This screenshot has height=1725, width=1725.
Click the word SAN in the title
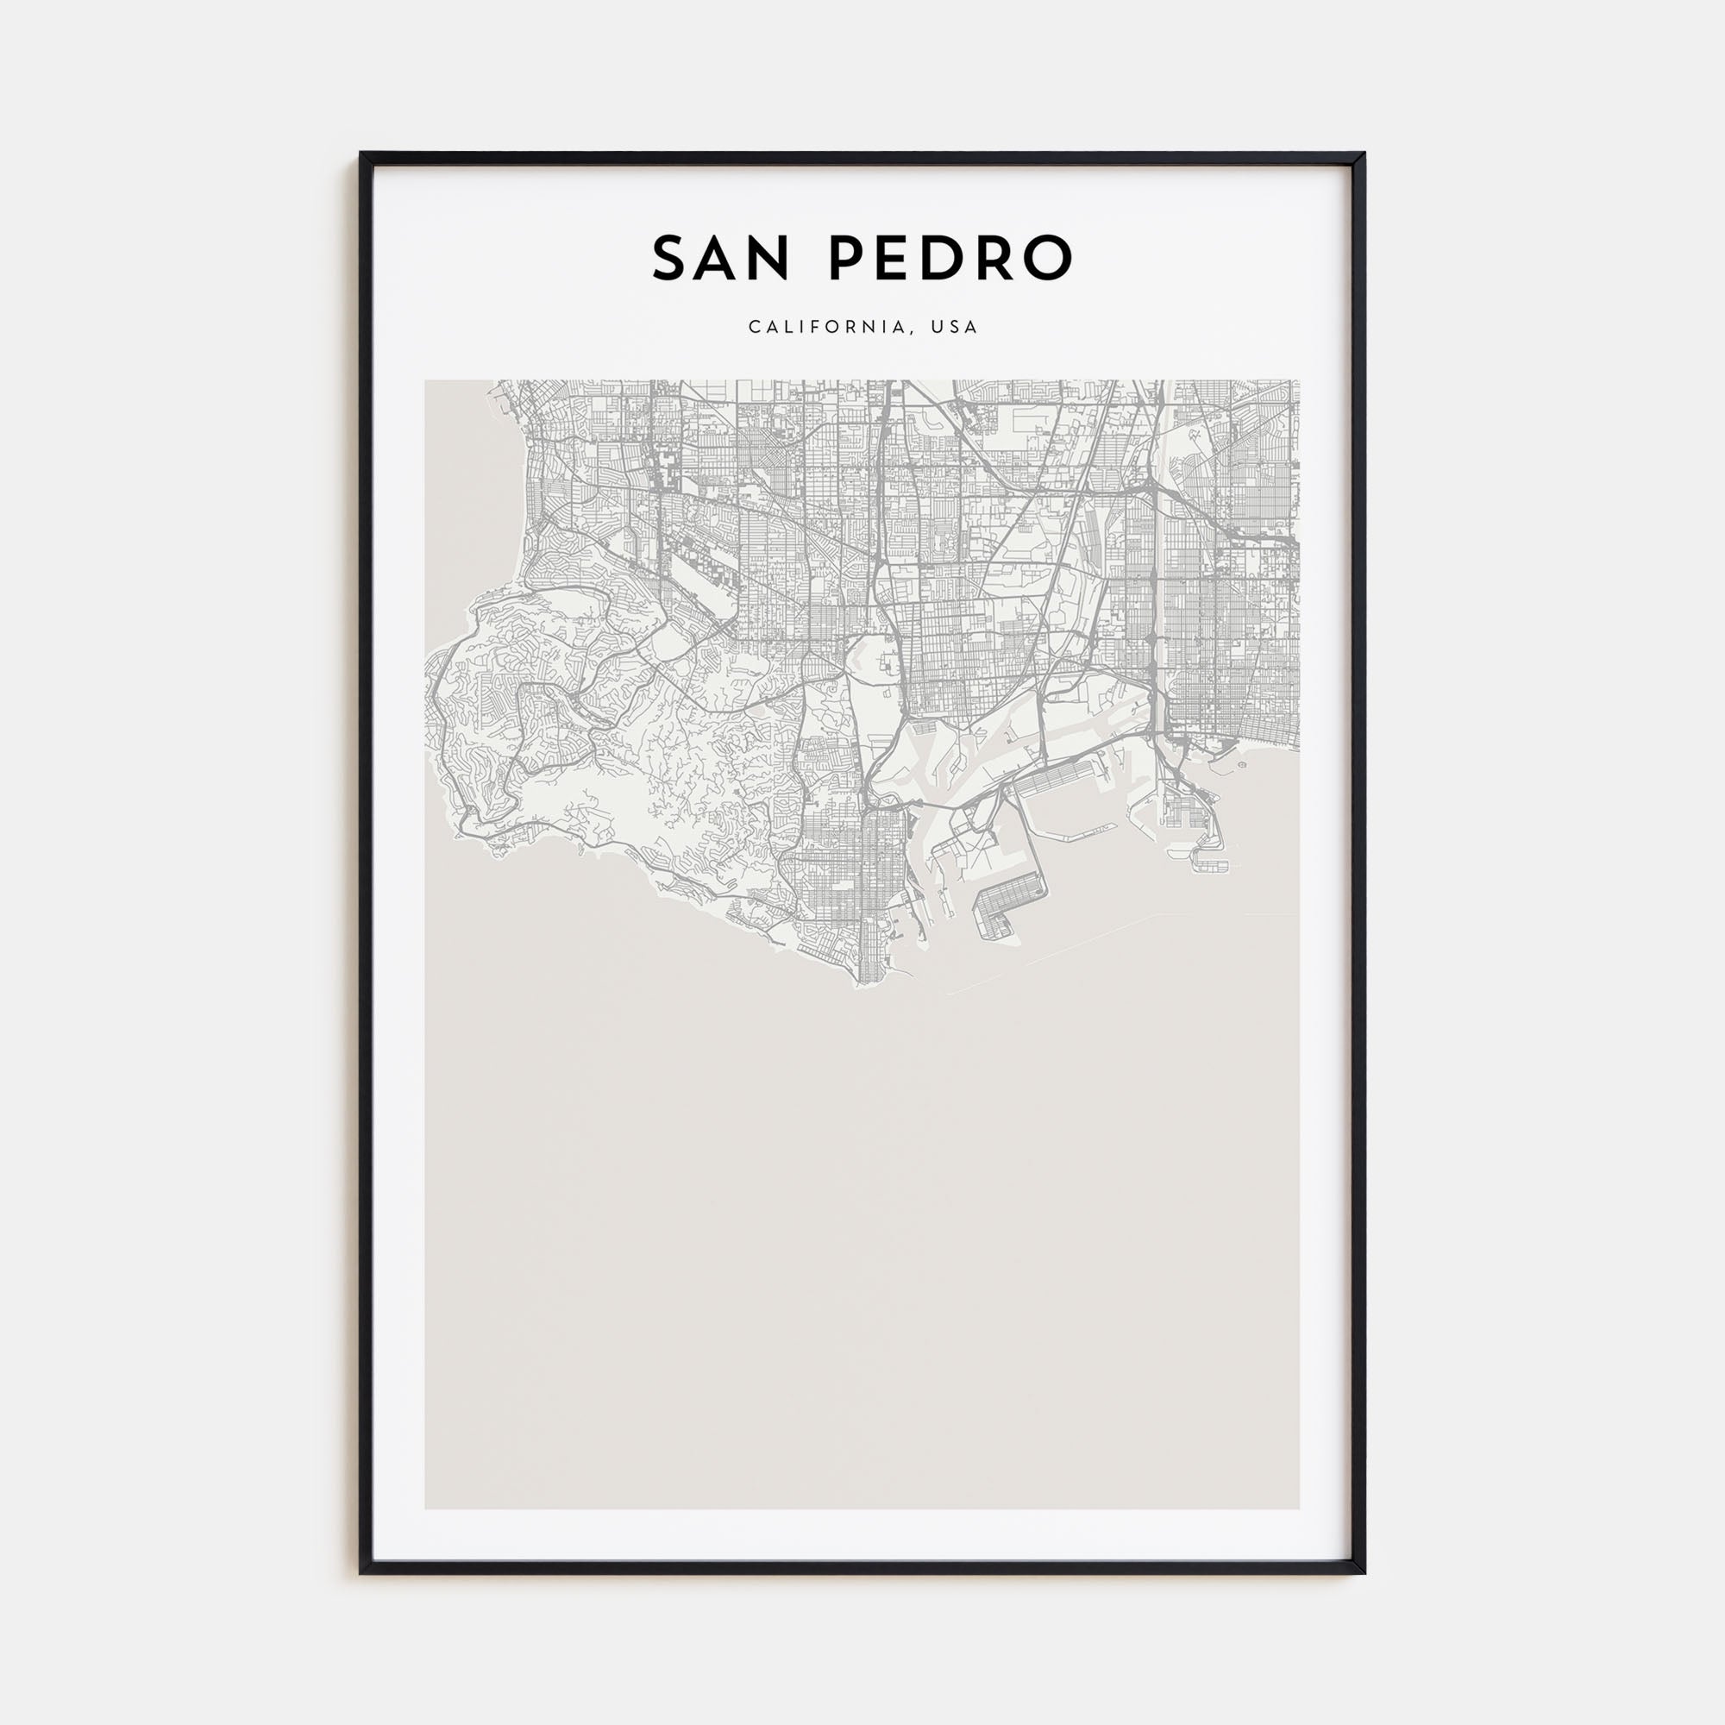(720, 258)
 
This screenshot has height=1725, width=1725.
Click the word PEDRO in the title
(950, 258)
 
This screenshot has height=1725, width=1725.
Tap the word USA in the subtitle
(955, 327)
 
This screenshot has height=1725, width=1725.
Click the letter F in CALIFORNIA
(819, 327)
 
